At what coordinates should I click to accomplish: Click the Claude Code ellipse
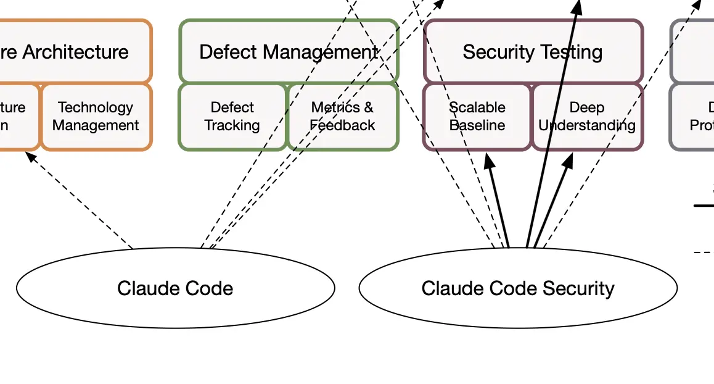tap(175, 288)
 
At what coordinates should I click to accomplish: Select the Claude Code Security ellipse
tap(518, 288)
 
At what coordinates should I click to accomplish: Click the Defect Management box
tap(289, 52)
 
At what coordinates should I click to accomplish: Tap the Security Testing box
tap(533, 52)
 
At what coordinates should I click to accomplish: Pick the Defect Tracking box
tap(232, 117)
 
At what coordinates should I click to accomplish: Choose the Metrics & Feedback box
tap(343, 117)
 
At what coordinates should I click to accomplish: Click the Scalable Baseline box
tap(477, 117)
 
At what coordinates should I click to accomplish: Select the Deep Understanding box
tap(587, 117)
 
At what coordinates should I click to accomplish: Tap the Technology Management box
tap(96, 117)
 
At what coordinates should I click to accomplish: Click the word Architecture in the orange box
tap(76, 52)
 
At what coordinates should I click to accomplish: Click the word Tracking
tap(232, 125)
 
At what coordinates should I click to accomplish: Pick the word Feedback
tap(343, 125)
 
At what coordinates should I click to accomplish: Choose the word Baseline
tap(477, 125)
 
